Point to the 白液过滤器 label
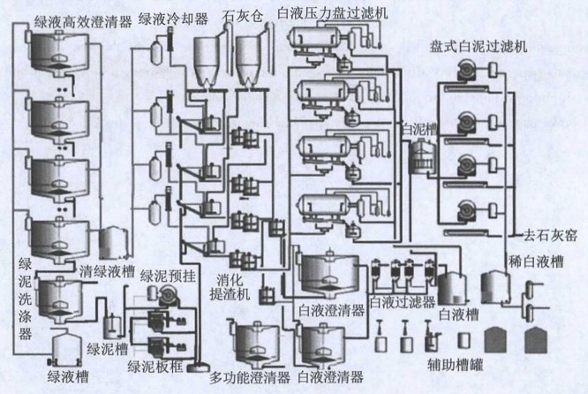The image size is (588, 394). tap(403, 303)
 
